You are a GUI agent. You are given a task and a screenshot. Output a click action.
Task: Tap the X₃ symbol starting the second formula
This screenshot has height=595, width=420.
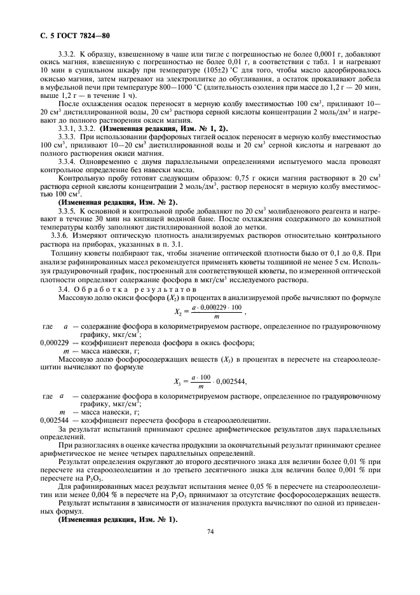[x=178, y=381]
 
